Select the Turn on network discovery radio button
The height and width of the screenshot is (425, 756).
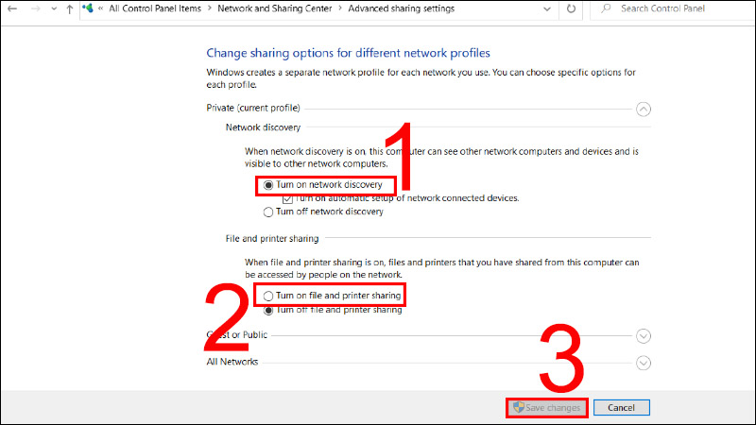268,185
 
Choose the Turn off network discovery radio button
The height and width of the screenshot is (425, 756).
268,212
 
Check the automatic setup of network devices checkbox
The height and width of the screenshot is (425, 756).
288,199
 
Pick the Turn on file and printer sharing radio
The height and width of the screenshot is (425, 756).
268,297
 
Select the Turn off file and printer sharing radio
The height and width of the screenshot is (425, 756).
268,310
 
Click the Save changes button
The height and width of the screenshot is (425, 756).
546,408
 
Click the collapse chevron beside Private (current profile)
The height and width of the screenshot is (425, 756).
644,109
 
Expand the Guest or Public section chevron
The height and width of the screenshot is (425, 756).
644,335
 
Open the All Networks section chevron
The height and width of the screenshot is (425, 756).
644,362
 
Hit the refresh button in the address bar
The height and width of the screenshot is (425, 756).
571,8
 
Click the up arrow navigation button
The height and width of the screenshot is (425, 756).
70,8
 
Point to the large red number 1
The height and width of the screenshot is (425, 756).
404,156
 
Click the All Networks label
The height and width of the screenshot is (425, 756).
232,362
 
